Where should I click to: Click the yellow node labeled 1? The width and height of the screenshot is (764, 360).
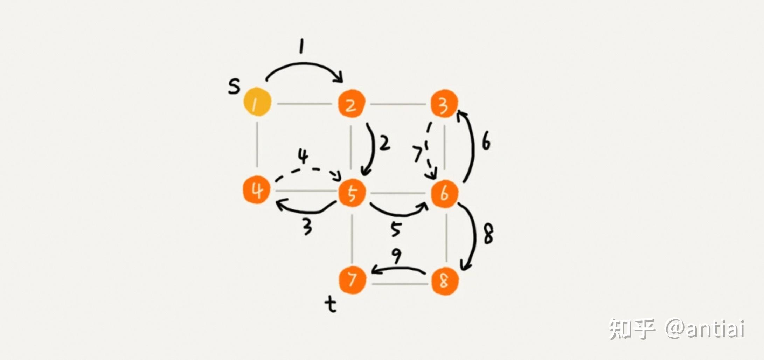(x=257, y=102)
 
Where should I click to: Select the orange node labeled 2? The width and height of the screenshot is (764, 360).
(x=352, y=104)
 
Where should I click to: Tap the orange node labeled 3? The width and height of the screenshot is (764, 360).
(x=444, y=104)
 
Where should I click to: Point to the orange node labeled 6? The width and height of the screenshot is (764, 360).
(x=444, y=193)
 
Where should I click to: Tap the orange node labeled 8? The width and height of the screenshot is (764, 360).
(x=444, y=281)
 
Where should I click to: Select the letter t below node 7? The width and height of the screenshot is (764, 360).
(x=331, y=304)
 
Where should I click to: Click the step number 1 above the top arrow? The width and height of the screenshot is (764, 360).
(x=301, y=46)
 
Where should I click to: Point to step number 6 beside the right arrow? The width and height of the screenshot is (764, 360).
(x=486, y=141)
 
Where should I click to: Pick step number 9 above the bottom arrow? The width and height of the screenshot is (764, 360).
(x=396, y=256)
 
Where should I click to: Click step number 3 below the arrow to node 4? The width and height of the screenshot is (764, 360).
(x=307, y=227)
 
